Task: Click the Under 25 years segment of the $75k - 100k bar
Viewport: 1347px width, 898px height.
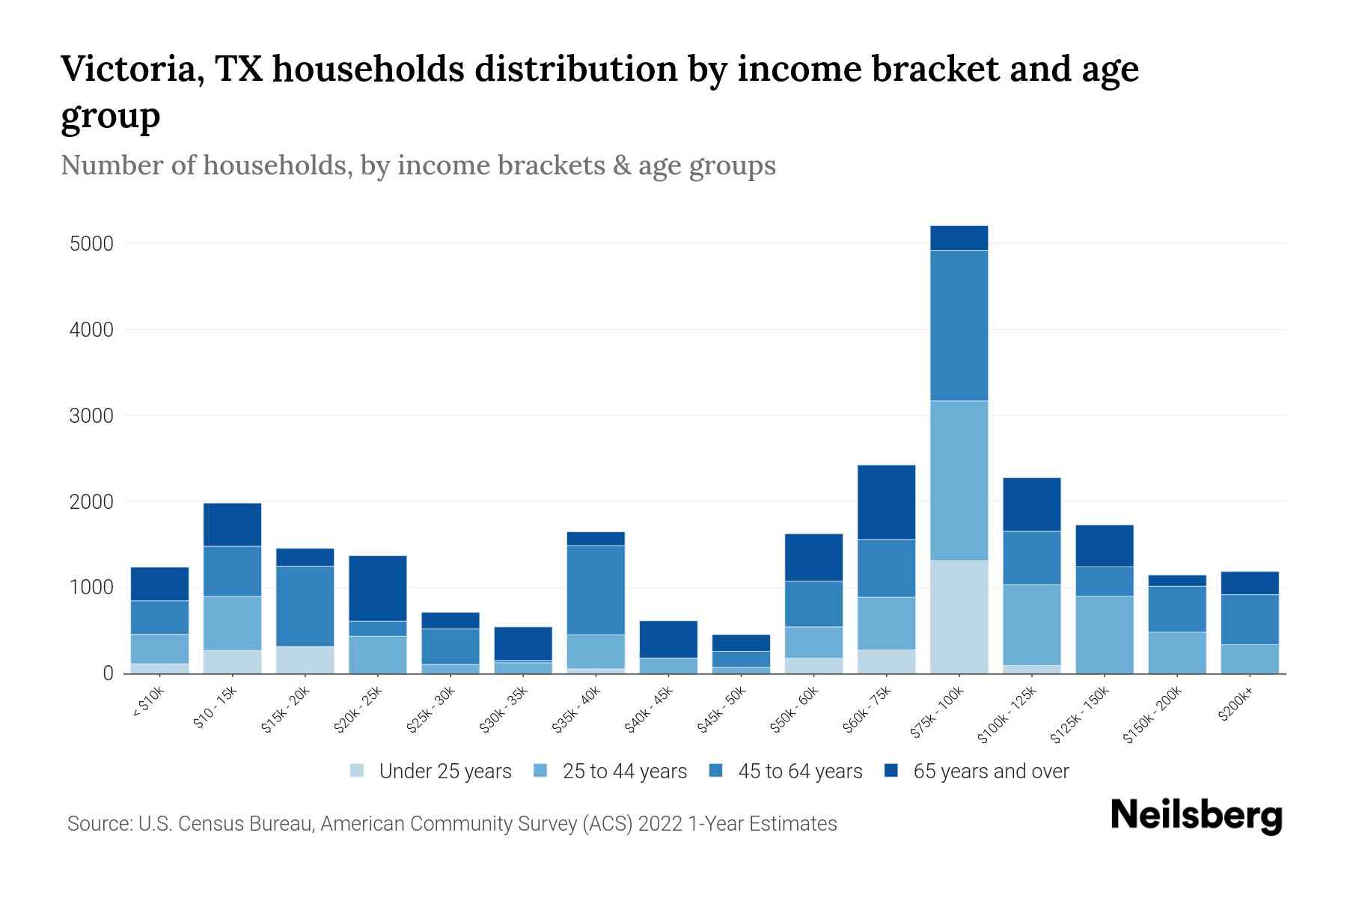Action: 959,617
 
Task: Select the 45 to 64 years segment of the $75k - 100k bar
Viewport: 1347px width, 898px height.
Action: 959,326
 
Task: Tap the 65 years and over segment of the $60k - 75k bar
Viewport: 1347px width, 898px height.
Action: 886,502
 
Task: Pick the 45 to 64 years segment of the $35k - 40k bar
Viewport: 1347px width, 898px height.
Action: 596,590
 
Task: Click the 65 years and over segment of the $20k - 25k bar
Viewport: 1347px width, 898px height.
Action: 378,588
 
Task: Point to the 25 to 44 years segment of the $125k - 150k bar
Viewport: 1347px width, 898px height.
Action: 1105,635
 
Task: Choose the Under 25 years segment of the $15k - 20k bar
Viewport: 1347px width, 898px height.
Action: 305,659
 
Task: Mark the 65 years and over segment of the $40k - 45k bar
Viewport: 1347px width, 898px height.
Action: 668,639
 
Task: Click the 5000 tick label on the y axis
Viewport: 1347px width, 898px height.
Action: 91,244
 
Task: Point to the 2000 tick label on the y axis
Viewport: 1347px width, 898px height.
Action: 91,501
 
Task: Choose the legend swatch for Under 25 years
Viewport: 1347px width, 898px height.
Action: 358,770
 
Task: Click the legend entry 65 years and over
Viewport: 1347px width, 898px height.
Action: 991,771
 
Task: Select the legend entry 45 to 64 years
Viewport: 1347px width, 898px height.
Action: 800,771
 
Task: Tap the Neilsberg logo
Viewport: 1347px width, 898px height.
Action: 1196,815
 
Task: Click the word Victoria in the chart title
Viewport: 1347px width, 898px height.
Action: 129,69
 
